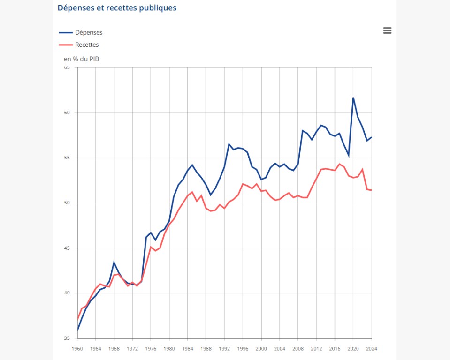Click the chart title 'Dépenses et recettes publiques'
tap(117, 8)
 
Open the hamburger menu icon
tap(387, 30)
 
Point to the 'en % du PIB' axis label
tap(81, 59)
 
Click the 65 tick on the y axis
tap(67, 67)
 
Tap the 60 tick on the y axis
tap(67, 112)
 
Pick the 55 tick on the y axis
tap(67, 157)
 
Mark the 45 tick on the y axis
tap(67, 248)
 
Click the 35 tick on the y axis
tap(67, 338)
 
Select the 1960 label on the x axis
tap(77, 348)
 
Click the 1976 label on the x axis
tap(151, 348)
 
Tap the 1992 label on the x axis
tap(224, 348)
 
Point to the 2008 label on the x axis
tap(298, 348)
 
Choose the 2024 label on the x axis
tap(371, 348)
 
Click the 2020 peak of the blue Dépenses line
tap(353, 97)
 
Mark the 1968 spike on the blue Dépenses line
tap(114, 262)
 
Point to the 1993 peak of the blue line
tap(229, 144)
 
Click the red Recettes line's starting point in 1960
tap(77, 320)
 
